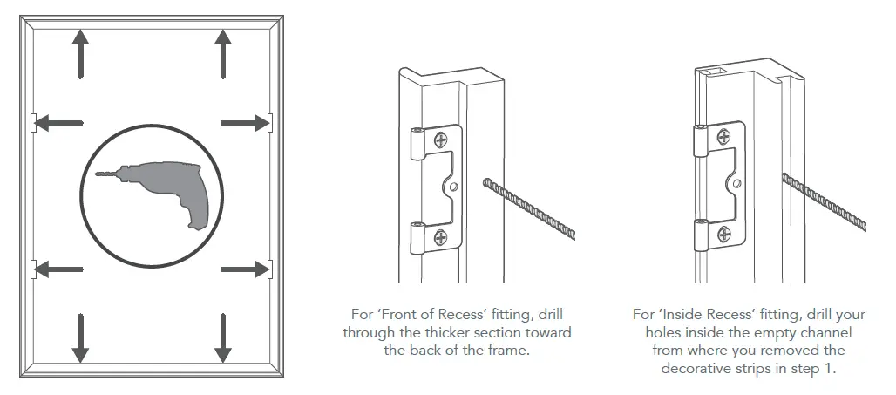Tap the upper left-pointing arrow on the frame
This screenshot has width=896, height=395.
(59, 123)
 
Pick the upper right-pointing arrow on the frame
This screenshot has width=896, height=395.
(244, 123)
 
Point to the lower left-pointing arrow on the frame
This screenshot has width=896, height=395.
(59, 269)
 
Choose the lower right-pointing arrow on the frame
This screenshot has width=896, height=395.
(244, 269)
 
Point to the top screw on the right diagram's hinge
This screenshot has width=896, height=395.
(725, 136)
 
